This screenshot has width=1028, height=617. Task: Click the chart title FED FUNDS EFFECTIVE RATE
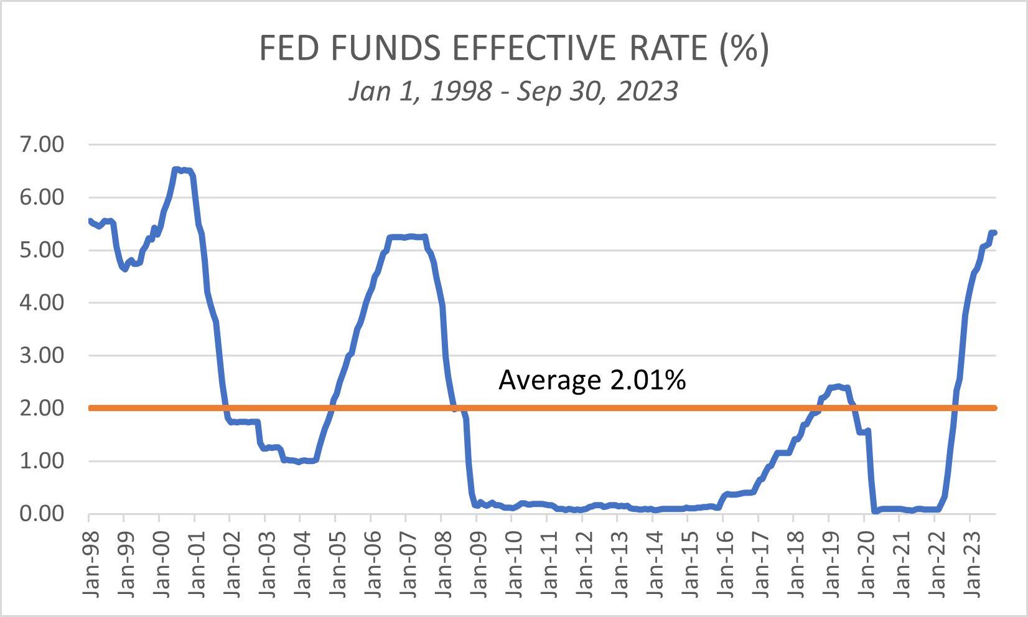coord(514,48)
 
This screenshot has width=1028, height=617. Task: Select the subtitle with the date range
coord(513,91)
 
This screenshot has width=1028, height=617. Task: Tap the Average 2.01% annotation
coord(592,380)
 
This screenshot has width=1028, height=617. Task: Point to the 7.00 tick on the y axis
coord(42,144)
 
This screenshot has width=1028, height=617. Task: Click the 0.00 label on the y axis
coord(42,514)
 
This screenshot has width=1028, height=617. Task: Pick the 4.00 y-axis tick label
coord(42,303)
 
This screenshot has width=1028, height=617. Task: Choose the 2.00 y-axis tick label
coord(42,408)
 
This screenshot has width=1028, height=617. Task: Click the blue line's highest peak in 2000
coord(176,169)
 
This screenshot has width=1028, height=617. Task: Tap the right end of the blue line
coord(994,233)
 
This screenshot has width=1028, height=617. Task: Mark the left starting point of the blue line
coord(90,221)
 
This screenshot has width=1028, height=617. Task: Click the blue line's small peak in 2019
coord(838,386)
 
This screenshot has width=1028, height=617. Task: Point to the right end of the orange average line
coord(994,408)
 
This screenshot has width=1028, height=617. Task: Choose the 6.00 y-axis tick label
coord(42,197)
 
